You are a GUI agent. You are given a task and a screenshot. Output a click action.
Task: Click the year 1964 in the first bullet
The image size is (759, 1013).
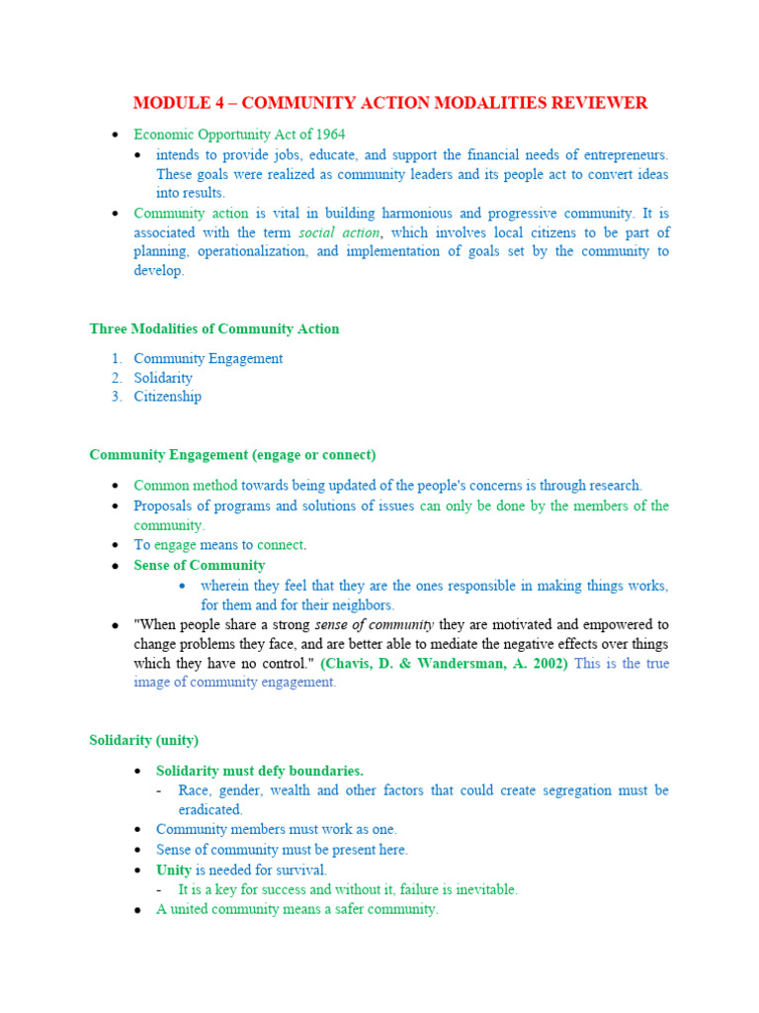point(328,135)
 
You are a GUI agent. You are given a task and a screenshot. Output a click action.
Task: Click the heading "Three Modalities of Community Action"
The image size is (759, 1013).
point(213,329)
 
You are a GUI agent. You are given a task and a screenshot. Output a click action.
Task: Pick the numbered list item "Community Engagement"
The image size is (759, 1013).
point(209,358)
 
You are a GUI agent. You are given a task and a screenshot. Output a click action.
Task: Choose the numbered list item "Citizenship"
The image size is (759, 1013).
point(168,397)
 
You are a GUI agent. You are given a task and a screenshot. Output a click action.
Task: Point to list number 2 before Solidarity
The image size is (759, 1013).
point(117,378)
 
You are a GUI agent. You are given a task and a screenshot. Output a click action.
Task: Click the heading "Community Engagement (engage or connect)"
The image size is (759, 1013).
point(232,455)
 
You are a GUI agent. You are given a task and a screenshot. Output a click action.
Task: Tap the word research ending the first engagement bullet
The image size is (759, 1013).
point(612,486)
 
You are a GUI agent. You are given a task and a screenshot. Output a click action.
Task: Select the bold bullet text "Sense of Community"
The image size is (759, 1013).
point(200,566)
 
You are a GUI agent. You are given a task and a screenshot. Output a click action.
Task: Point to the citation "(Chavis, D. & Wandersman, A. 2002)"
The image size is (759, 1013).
point(444,664)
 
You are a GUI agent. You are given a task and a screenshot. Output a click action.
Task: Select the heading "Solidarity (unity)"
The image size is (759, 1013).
point(143,740)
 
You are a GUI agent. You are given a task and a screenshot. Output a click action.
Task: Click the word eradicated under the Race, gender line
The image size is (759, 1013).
point(210,809)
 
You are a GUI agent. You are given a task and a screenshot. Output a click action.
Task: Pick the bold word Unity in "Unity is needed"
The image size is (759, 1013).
point(174,871)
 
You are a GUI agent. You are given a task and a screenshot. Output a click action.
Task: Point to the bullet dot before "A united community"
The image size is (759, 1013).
point(138,910)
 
